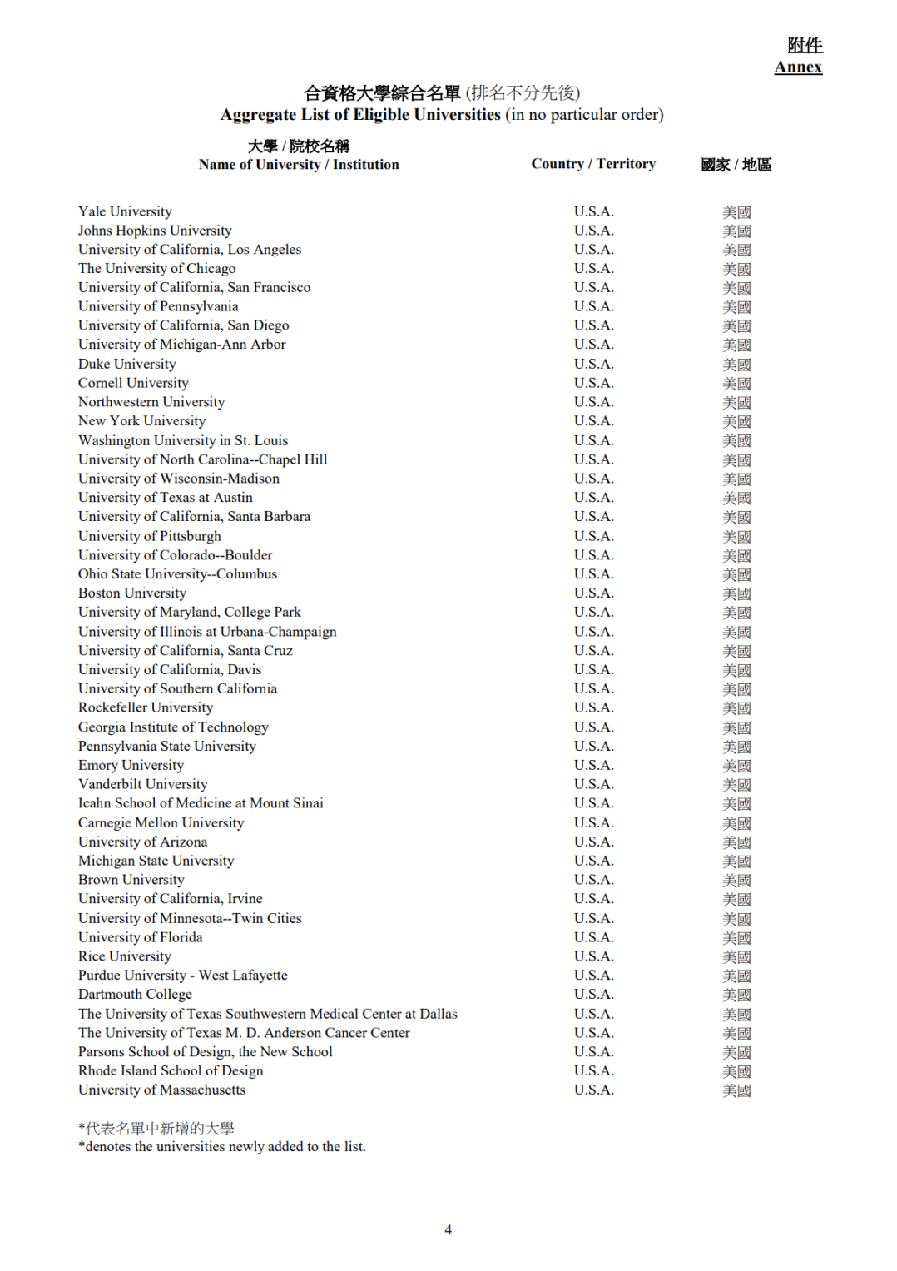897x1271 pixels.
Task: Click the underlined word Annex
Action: point(798,67)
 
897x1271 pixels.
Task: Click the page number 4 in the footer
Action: point(448,1229)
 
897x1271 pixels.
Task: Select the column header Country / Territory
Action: point(593,164)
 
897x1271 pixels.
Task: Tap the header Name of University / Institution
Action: point(299,165)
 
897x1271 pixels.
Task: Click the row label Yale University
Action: point(125,211)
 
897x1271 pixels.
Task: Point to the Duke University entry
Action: point(127,364)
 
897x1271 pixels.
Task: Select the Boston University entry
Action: point(132,593)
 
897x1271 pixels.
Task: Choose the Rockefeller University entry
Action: point(146,707)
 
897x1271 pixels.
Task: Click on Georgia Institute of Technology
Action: point(173,727)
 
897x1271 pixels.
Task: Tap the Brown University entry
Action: point(131,880)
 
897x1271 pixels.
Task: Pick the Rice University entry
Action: point(125,956)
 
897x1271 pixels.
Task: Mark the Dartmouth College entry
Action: point(135,994)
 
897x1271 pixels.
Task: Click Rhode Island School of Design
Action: point(171,1070)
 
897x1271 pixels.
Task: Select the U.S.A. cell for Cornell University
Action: point(593,383)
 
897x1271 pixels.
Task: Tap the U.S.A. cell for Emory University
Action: point(593,765)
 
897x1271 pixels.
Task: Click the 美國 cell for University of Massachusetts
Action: point(736,1090)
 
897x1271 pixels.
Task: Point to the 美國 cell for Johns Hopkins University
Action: point(736,231)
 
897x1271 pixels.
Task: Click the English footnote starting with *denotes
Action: point(222,1146)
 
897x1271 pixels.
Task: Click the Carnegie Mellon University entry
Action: point(161,822)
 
